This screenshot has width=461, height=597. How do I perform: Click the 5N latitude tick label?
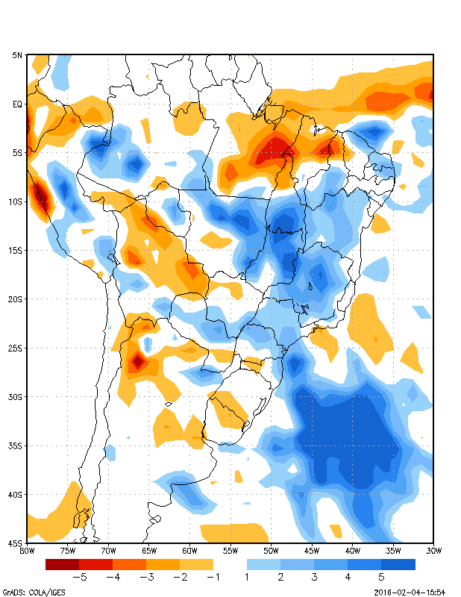click(16, 55)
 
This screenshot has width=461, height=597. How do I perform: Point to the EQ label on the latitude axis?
click(17, 104)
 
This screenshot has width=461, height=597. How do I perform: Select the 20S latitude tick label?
click(16, 298)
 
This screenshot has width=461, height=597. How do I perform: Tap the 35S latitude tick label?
click(16, 446)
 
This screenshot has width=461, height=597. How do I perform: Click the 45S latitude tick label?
click(16, 543)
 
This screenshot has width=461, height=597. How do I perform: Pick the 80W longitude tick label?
click(27, 551)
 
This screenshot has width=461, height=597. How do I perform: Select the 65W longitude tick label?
click(149, 551)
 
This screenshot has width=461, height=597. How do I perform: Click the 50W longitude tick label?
click(271, 551)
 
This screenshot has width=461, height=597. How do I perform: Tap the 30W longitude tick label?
click(433, 551)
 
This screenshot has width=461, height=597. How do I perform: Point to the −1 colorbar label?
click(213, 577)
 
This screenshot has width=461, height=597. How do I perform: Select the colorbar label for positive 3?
click(314, 577)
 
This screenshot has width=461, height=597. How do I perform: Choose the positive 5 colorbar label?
click(381, 577)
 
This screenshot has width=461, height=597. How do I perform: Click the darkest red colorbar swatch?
click(62, 564)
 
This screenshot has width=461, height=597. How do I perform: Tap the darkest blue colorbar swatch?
click(398, 564)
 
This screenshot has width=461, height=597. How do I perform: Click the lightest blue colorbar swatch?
click(263, 564)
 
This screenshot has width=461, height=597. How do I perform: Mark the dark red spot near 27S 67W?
click(137, 363)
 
